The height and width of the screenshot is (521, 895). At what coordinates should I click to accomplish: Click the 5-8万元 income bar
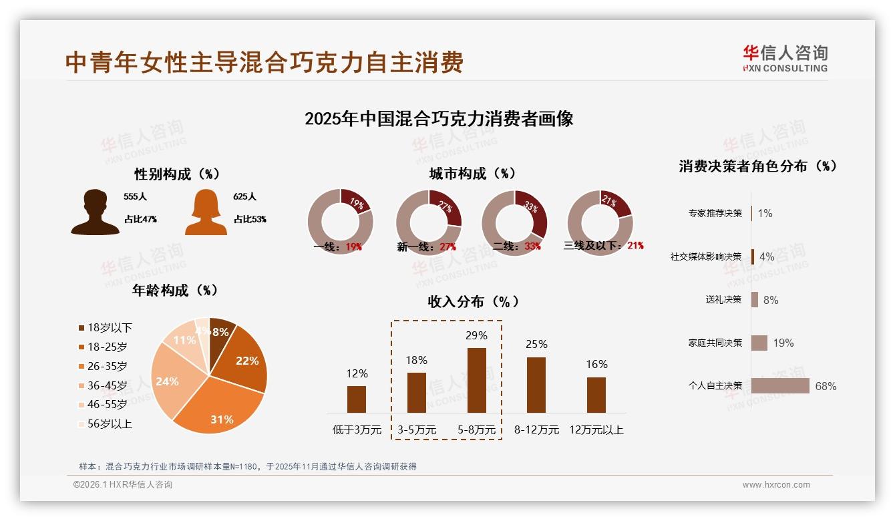click(476, 380)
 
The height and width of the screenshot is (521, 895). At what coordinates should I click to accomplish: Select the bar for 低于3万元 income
click(357, 399)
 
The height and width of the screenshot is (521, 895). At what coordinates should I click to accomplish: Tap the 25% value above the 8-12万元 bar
click(536, 344)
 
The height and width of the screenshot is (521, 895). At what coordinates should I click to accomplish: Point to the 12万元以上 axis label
click(596, 430)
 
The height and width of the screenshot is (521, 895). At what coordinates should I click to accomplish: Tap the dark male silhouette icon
click(95, 212)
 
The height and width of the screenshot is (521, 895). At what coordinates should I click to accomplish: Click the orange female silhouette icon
click(206, 212)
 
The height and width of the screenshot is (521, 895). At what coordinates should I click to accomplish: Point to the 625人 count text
click(245, 197)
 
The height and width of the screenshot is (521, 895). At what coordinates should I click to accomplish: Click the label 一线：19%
click(338, 246)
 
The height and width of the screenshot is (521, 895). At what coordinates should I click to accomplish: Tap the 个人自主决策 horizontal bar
click(780, 385)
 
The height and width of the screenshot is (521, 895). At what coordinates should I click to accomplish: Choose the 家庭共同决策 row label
click(715, 343)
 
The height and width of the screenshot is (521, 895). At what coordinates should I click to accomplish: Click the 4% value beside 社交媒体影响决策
click(767, 256)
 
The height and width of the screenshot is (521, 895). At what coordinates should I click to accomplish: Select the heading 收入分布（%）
click(473, 301)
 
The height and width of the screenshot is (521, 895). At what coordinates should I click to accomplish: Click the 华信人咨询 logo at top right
click(785, 58)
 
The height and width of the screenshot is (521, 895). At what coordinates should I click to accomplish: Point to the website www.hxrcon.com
click(775, 485)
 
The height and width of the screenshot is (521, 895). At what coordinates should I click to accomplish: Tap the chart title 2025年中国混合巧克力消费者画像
click(439, 119)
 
